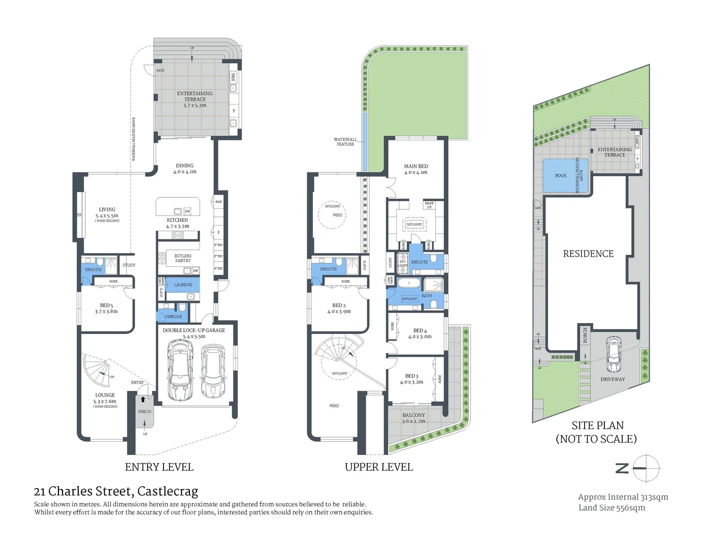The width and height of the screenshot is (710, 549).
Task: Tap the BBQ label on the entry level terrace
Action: pos(234,77)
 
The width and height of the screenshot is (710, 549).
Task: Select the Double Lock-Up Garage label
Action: pos(193,330)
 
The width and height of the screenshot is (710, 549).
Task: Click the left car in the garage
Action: pos(180,370)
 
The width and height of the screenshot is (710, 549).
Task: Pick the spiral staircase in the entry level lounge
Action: pos(97,370)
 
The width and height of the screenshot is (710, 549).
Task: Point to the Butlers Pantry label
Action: pos(183,258)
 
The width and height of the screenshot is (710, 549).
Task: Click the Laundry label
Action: pos(183,285)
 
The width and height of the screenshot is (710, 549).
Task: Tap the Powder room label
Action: pos(173,317)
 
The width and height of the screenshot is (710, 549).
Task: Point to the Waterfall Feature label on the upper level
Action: pos(345,142)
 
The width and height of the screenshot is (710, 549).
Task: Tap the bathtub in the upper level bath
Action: pos(409,283)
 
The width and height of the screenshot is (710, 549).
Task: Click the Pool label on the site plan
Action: pos(561,176)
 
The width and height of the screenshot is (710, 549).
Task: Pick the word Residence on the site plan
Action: pos(588,254)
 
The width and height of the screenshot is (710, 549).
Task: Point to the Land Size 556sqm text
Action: pos(611,508)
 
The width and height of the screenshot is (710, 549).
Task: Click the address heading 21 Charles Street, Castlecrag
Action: pos(116,492)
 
